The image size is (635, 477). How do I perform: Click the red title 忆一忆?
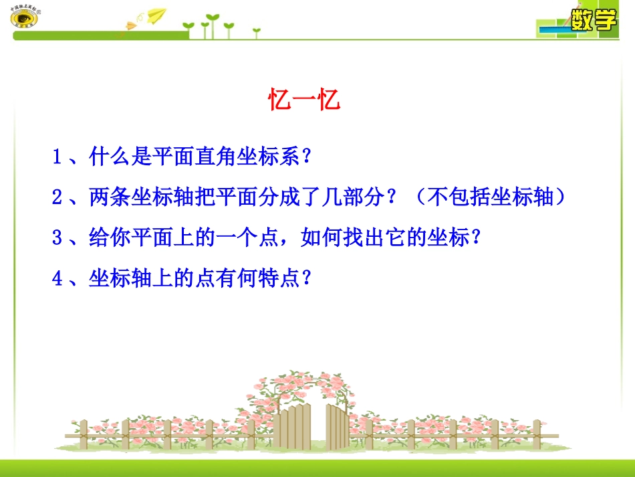305,101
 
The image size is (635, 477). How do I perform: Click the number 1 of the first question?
57,158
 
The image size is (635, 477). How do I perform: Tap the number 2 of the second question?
57,197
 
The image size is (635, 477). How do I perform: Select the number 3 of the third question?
57,237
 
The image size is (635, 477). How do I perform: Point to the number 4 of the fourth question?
57,278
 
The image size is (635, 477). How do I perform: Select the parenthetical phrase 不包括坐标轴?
488,197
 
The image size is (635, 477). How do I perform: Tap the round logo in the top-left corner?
25,16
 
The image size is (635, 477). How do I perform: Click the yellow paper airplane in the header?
156,14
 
